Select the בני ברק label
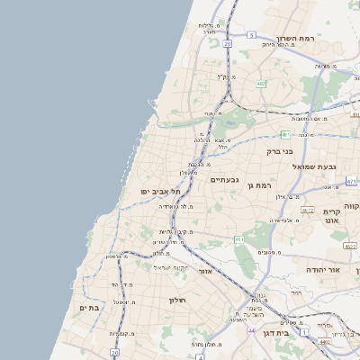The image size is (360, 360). [x=280, y=151]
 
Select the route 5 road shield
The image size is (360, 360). [x=251, y=35]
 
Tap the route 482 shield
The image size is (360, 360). [x=260, y=84]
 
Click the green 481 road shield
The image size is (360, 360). [x=351, y=181]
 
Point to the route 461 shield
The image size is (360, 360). [x=238, y=239]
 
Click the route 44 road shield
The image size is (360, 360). [x=251, y=330]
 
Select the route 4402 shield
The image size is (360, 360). [x=324, y=342]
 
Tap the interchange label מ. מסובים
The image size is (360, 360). [x=269, y=252]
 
